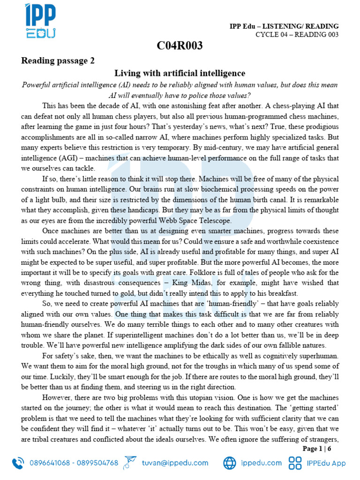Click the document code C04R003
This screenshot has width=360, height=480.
tap(180, 45)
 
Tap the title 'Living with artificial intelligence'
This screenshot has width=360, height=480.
tap(180, 73)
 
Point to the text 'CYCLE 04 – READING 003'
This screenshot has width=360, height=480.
tap(297, 35)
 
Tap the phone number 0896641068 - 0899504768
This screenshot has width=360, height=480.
tap(74, 463)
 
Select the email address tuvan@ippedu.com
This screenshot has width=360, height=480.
tap(175, 463)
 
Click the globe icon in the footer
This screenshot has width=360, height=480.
tap(229, 463)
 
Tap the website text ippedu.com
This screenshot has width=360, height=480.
tap(261, 463)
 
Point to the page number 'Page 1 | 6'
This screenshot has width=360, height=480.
tap(317, 449)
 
